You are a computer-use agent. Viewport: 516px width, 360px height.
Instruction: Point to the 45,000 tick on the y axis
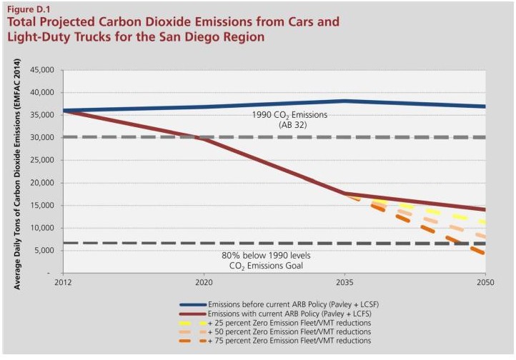pos(44,70)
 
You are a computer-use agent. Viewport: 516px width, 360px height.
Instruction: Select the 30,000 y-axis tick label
pos(44,137)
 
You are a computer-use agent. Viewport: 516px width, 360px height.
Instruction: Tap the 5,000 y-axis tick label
pos(46,251)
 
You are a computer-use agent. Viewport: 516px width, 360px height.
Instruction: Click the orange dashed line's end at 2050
pos(485,254)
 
